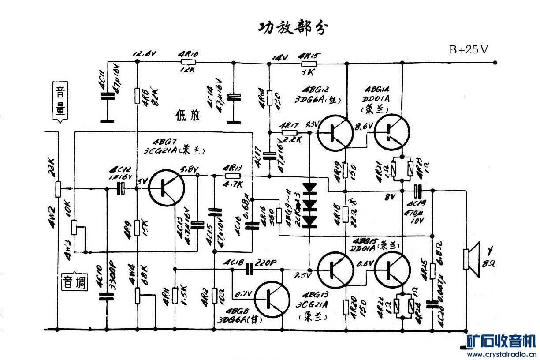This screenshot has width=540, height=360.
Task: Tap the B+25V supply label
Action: pyautogui.click(x=468, y=49)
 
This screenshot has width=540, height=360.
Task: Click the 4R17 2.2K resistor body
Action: pyautogui.click(x=289, y=132)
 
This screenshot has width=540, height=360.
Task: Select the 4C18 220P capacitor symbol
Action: pyautogui.click(x=250, y=269)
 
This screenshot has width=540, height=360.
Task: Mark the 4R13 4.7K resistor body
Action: pyautogui.click(x=232, y=175)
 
